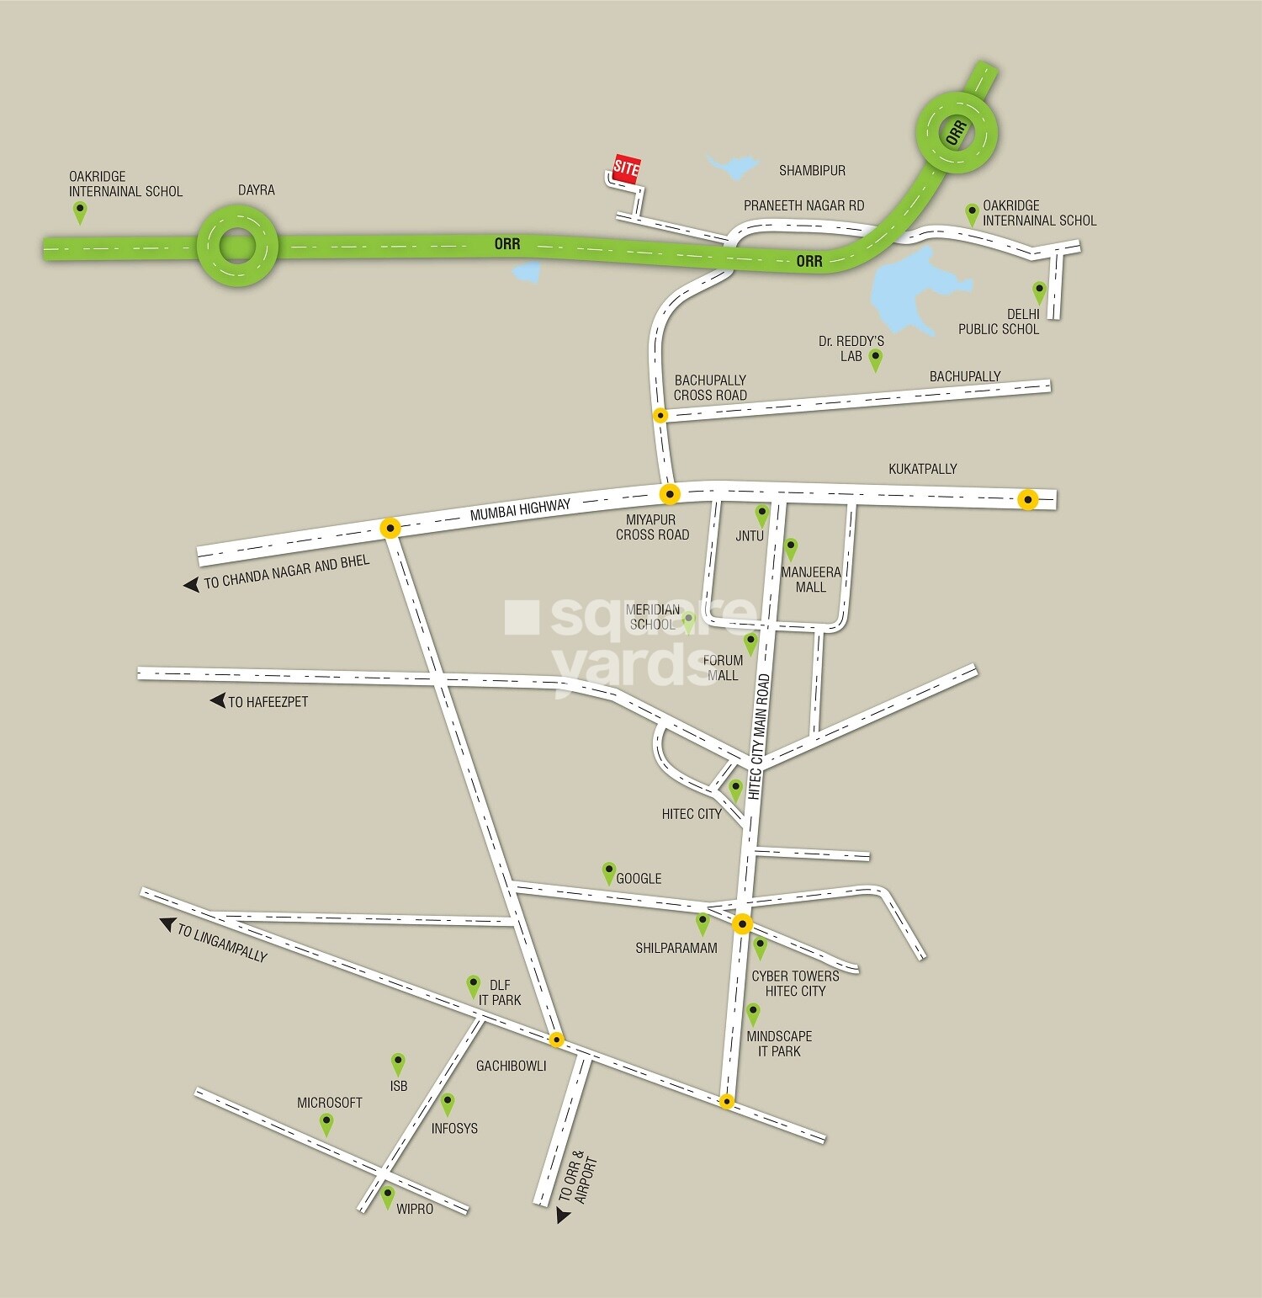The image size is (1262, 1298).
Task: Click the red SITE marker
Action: tap(626, 168)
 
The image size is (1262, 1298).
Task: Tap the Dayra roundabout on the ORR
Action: tap(237, 247)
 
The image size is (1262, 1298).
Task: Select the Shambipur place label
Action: tap(812, 171)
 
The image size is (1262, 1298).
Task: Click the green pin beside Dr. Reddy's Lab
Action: tap(875, 359)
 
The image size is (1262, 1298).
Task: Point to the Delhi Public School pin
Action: tap(1039, 292)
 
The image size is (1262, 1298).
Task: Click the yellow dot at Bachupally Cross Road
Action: tap(660, 415)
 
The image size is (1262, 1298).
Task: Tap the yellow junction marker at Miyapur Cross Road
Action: tap(669, 493)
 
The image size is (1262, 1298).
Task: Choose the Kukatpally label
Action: tap(922, 469)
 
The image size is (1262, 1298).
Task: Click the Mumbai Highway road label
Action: tap(520, 509)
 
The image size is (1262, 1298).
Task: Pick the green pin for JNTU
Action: tap(761, 514)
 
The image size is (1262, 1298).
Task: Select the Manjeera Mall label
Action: tap(810, 579)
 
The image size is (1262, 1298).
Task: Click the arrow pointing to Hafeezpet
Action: tap(218, 700)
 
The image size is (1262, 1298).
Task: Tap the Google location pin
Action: tap(608, 873)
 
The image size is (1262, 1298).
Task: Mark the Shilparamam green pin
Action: tap(703, 923)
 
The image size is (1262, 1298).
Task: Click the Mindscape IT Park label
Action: tap(779, 1044)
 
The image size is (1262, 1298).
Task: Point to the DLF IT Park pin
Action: tap(474, 986)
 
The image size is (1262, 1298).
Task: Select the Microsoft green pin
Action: tap(326, 1123)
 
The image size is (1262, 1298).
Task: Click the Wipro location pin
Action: tap(387, 1196)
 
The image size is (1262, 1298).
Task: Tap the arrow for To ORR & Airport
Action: tap(563, 1216)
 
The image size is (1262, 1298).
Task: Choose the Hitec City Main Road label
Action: tap(759, 737)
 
